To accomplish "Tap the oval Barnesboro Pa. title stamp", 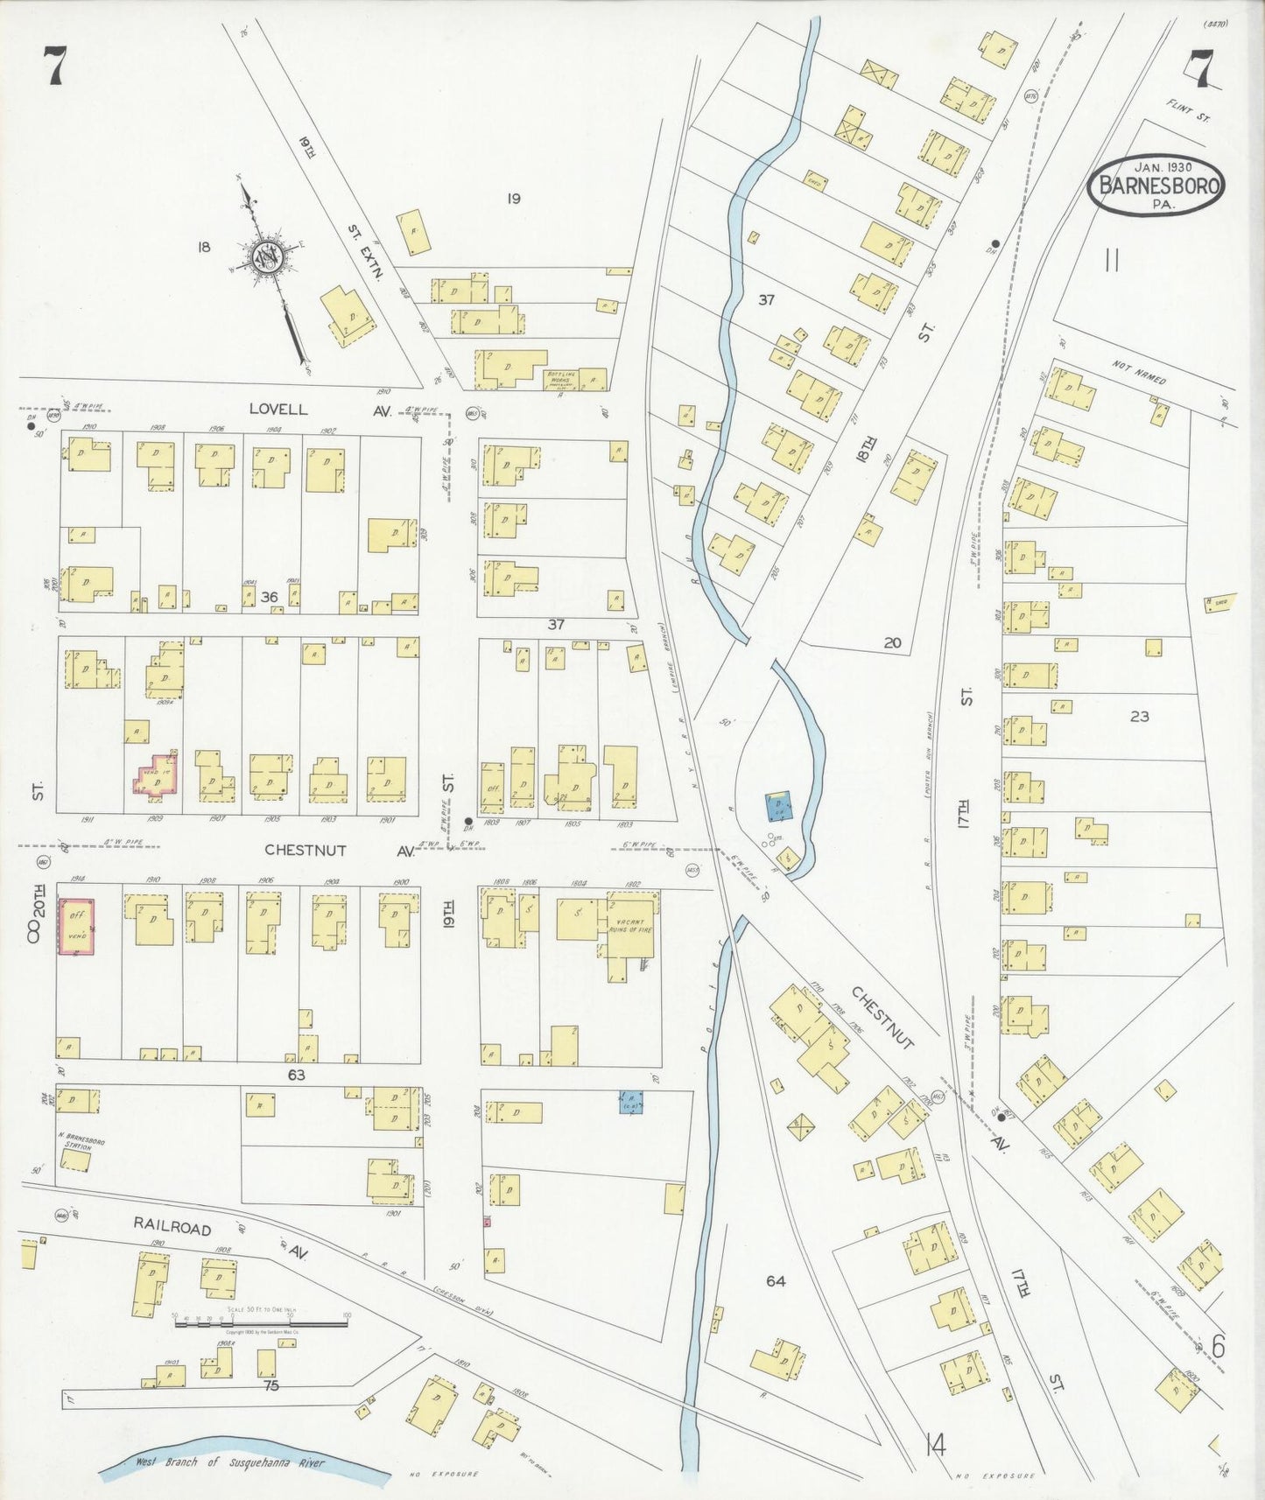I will point(1156,185).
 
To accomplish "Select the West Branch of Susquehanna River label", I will point(229,1462).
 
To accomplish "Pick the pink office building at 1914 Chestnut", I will point(76,925).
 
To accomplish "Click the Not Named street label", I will point(1139,372).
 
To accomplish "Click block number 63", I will point(297,1074).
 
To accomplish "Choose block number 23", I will point(1139,716).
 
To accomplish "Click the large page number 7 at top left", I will point(54,67).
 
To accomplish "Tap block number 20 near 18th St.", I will point(892,642).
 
